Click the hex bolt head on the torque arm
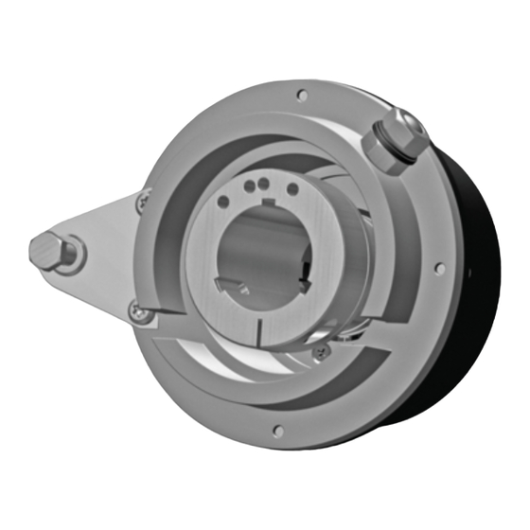(x=47, y=250)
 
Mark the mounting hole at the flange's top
(x=301, y=94)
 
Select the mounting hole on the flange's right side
(x=438, y=268)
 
